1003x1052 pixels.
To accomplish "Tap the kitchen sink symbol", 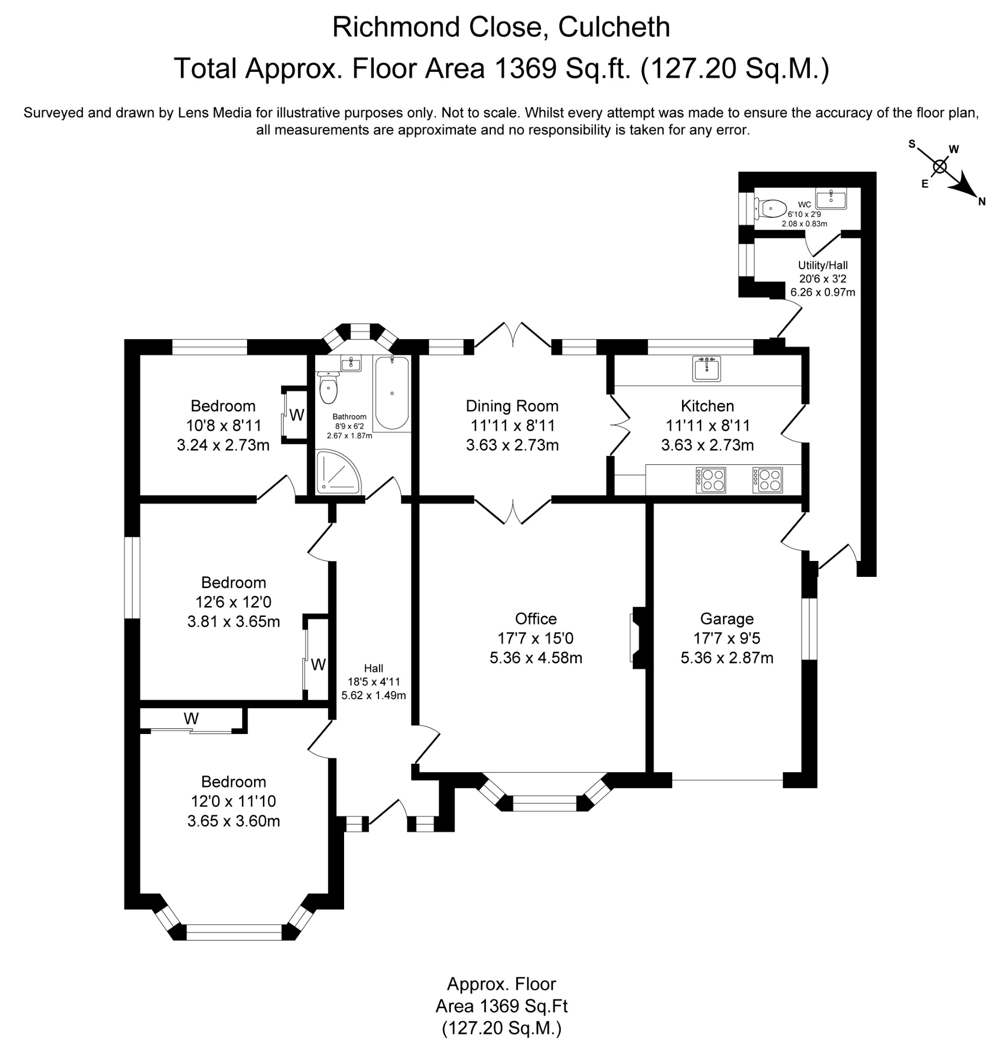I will coord(706,368).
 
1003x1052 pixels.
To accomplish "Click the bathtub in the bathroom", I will coord(392,393).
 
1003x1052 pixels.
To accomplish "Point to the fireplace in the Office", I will coord(638,638).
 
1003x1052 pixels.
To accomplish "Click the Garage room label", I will coord(727,619).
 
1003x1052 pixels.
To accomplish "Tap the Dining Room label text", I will coord(512,406).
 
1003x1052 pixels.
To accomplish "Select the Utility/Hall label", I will coord(822,265).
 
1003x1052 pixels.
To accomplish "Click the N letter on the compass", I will coord(981,202).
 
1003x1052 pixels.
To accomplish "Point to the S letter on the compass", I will coord(912,144).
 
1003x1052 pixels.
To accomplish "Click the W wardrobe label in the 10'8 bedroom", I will coord(297,415).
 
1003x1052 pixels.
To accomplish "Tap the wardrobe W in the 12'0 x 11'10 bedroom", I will coord(191,718).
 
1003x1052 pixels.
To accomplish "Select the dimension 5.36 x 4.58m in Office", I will coord(536,658).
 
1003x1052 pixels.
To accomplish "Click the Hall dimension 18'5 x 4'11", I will coord(373,682).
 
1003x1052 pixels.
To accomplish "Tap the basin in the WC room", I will coord(830,198).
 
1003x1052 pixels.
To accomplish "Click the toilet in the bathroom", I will coord(328,388).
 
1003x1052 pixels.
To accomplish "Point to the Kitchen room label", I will coord(707,406).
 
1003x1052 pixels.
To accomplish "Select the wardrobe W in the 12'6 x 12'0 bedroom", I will coord(318,665).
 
